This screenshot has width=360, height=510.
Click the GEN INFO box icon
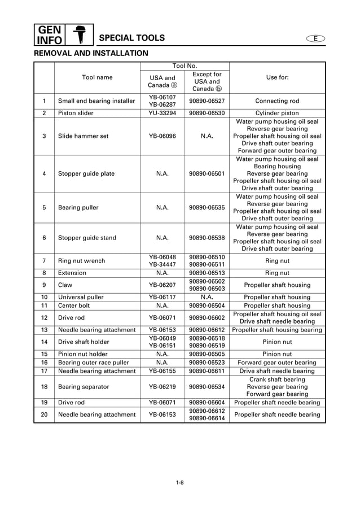49,34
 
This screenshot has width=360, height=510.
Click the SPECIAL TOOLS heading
131,38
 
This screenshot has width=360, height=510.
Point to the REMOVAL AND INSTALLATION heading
91,53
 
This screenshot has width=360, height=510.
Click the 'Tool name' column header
97,77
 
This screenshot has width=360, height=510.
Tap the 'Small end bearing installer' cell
96,101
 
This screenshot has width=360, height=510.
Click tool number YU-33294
162,113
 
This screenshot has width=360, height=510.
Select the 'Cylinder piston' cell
276,113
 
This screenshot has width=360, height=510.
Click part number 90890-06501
207,174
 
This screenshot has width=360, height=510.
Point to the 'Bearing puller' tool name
78,208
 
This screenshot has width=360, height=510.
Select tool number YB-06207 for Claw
162,285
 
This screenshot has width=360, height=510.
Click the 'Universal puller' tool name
81,297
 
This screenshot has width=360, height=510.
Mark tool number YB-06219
162,387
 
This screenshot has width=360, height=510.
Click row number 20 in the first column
44,415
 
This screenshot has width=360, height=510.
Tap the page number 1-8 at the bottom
179,482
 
